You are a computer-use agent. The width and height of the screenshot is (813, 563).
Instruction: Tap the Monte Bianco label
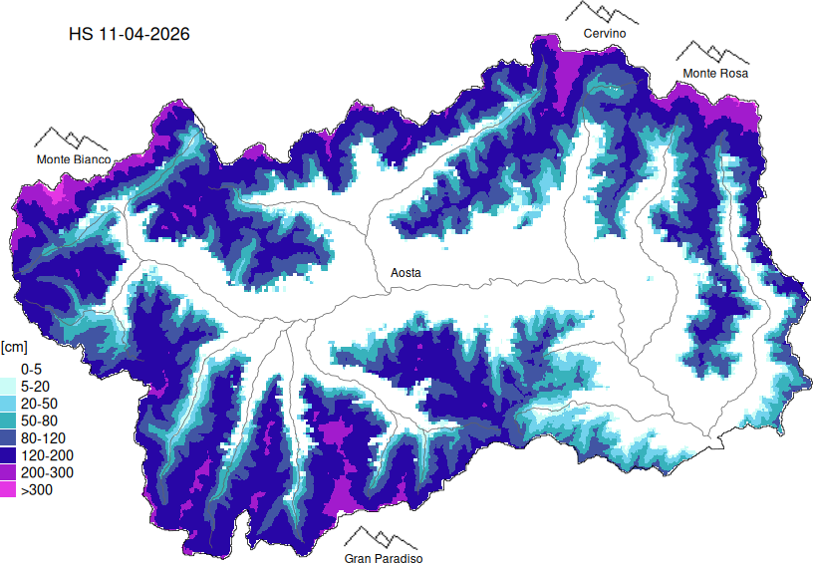pos(74,159)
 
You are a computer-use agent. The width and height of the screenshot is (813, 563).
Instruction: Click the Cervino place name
pos(605,34)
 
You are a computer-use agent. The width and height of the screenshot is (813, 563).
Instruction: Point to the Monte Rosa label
pos(715,74)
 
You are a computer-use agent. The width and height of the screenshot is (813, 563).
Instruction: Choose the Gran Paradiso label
pos(384,559)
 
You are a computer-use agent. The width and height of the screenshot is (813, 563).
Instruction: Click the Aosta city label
pos(405,272)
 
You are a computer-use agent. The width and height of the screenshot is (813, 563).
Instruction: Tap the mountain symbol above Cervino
pos(603,12)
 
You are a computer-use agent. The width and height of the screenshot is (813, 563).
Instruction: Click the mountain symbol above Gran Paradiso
pos(384,537)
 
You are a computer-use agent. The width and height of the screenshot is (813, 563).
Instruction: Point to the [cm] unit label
pos(14,347)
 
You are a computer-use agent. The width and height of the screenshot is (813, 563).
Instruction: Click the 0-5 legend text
pos(31,368)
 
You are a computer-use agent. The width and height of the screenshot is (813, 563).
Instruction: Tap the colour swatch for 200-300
pos(8,472)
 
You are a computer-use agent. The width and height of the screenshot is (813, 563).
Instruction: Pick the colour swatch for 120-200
pos(8,455)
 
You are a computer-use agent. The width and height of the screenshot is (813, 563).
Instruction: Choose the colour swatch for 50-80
pos(8,421)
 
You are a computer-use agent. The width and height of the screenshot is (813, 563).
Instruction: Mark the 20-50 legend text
pos(37,403)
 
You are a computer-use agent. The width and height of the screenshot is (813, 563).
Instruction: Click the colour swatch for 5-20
pos(8,386)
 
